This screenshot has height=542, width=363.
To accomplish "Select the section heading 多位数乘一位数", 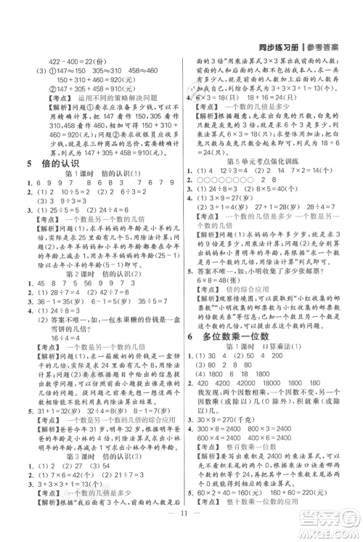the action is [245, 336].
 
